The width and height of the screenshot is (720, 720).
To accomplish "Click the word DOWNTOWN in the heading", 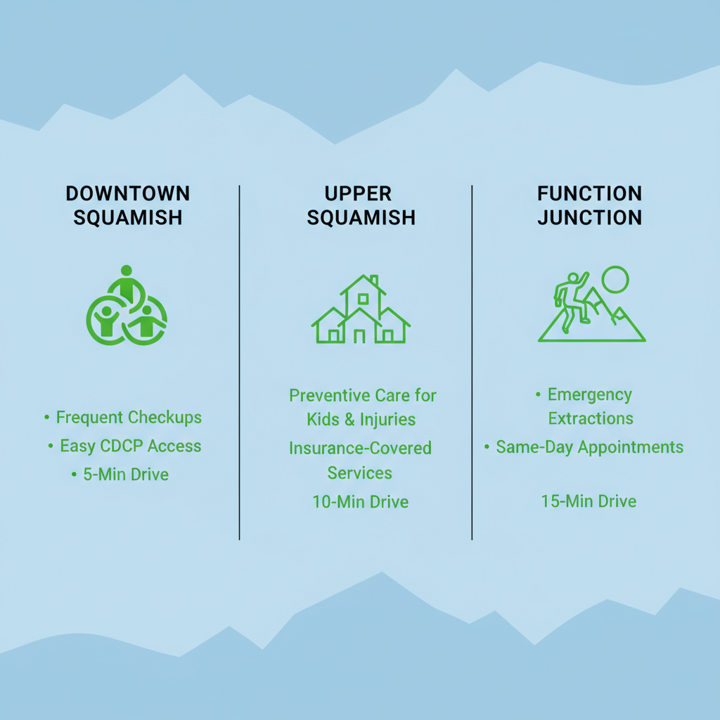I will point(127,193).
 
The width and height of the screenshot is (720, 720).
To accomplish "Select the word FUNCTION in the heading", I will point(589,193).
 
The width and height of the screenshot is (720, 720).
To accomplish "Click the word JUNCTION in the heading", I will point(589,217).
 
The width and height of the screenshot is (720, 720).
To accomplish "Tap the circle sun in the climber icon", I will point(615,279).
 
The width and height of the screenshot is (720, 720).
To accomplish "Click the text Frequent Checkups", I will point(129,418).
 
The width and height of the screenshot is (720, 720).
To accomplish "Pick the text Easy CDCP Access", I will point(130,446).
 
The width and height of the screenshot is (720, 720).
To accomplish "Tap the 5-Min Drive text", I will point(126,475).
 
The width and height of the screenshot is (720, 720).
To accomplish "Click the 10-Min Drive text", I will point(361,502).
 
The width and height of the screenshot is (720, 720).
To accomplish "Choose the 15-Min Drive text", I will point(589,501).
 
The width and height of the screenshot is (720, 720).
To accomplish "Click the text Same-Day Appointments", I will point(589,447).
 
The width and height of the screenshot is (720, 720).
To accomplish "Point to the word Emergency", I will point(589,394).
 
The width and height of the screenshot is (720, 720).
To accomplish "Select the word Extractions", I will point(591,419).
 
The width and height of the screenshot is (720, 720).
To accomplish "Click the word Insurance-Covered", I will point(360,449).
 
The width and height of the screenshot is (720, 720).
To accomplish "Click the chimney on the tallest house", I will point(374,281).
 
